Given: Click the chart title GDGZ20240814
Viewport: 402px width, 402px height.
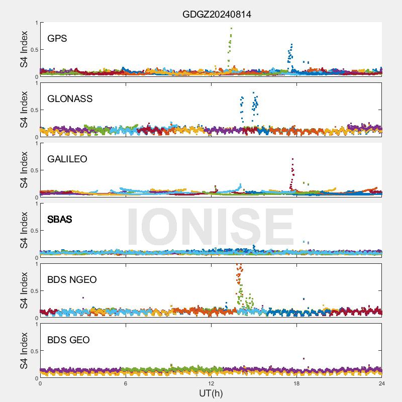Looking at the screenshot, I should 217,15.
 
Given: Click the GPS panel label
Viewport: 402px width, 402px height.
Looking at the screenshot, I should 57,38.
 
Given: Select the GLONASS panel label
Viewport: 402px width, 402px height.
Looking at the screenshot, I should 70,98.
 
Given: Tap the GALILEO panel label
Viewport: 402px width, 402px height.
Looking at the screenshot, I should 67,159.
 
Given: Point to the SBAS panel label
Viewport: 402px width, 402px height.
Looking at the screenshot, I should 59,219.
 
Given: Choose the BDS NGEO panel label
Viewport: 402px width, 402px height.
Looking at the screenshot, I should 72,279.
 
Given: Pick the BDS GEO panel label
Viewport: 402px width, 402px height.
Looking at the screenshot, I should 68,340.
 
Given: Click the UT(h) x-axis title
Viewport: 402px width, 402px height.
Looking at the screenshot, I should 211,392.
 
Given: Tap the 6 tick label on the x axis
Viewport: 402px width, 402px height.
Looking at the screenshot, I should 126,383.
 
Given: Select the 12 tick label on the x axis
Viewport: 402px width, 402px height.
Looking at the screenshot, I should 211,383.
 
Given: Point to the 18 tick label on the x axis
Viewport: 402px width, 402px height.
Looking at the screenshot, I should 296,383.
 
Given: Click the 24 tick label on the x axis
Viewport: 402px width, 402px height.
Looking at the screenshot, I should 382,383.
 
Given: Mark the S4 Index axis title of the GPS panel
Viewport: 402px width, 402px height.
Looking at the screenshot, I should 24,49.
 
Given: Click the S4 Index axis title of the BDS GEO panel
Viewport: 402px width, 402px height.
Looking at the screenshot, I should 24,351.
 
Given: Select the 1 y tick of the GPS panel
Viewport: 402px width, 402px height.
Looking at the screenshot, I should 36,23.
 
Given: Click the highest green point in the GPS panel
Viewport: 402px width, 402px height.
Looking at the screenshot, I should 231,29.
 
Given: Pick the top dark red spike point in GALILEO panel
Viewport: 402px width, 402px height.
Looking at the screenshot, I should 292,159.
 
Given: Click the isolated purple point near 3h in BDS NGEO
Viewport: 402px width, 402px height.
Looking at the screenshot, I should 83,297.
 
